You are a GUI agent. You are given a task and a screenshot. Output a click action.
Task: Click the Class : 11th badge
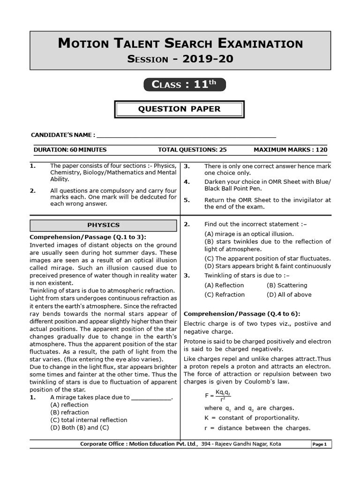184,84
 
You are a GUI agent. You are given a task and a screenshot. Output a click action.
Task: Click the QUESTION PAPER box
180,109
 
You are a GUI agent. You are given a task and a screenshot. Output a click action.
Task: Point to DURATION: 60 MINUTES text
70,150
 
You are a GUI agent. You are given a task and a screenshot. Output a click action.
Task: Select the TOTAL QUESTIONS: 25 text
192,150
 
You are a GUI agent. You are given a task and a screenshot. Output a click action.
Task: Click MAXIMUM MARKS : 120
290,150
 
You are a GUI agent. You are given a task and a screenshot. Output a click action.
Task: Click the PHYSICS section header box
104,225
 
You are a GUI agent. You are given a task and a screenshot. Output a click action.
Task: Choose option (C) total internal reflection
89,420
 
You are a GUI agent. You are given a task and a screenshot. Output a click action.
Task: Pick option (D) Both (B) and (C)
79,427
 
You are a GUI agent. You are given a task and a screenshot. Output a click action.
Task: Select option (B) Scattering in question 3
287,285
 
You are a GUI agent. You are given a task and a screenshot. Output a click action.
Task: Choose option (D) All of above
289,294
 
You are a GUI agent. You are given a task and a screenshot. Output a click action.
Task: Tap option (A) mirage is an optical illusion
249,233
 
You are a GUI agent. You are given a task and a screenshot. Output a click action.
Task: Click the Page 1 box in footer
322,444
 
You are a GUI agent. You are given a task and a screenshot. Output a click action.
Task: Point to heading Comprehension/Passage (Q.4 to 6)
242,314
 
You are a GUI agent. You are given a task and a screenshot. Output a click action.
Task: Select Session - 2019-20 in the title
180,59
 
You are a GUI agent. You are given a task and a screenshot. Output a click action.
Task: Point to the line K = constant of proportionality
251,418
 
